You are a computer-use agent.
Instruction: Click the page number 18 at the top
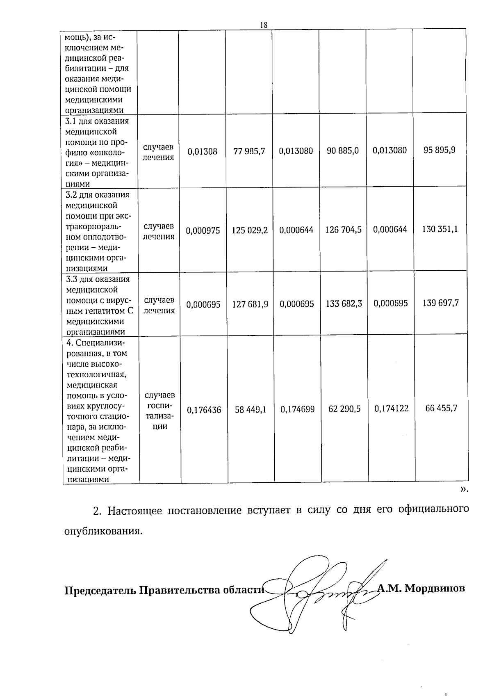tap(264, 25)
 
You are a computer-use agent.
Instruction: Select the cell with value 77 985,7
tap(249, 151)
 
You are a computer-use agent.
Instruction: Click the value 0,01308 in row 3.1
tap(203, 151)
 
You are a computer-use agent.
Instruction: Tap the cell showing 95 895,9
tap(440, 150)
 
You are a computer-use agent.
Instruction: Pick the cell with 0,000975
tap(203, 231)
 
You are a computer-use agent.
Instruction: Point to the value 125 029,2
tap(250, 230)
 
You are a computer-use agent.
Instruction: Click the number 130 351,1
tap(440, 229)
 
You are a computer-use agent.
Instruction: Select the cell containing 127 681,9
tap(250, 304)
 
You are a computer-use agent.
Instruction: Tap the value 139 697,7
tap(441, 303)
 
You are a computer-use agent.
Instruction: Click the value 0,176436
tap(204, 410)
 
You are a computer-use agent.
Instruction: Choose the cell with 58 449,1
tap(251, 409)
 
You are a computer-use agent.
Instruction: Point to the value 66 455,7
tap(441, 408)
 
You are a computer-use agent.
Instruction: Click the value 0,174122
tap(391, 408)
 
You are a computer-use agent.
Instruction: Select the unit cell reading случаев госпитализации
tap(160, 410)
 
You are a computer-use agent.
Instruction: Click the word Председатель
tap(100, 590)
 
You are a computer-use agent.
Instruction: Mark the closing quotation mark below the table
tap(464, 489)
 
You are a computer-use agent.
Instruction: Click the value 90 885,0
tap(343, 151)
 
